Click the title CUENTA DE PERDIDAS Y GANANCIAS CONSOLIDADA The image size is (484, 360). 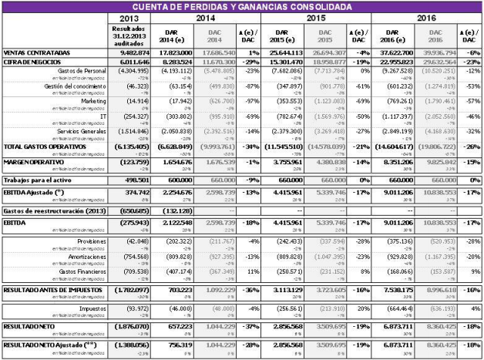pyautogui.click(x=242, y=6)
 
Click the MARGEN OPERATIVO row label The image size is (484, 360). pyautogui.click(x=32, y=163)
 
